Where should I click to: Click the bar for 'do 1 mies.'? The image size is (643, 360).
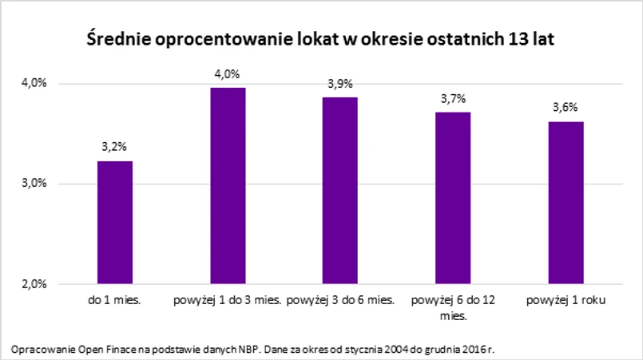[115, 222]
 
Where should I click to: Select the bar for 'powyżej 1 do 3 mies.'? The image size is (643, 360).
[228, 185]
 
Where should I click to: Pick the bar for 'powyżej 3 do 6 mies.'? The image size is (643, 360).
[339, 190]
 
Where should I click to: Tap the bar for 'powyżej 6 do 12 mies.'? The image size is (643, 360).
[451, 197]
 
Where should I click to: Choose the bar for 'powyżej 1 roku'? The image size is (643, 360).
[566, 202]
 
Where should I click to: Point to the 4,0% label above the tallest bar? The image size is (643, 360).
[228, 74]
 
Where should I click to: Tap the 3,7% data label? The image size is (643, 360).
[453, 98]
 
